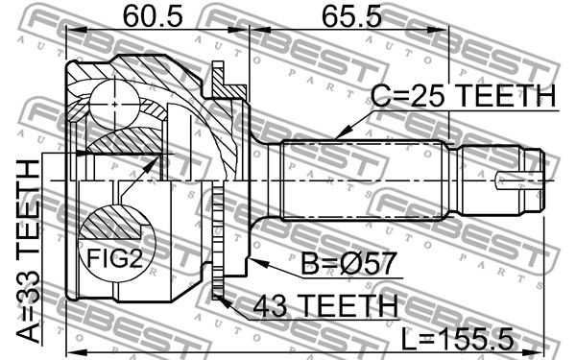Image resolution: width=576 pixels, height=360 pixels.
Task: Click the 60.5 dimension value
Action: [153, 16]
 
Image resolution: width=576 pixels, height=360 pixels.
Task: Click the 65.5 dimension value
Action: [351, 16]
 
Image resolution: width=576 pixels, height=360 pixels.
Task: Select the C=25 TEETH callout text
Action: [464, 95]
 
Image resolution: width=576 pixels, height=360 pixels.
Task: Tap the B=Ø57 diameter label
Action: [348, 263]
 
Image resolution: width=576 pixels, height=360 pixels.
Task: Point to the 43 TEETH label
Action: [325, 305]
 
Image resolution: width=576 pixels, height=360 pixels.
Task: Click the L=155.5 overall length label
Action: [457, 339]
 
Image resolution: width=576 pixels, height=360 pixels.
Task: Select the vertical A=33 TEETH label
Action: [29, 252]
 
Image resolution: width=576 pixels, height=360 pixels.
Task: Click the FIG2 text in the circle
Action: [114, 258]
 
